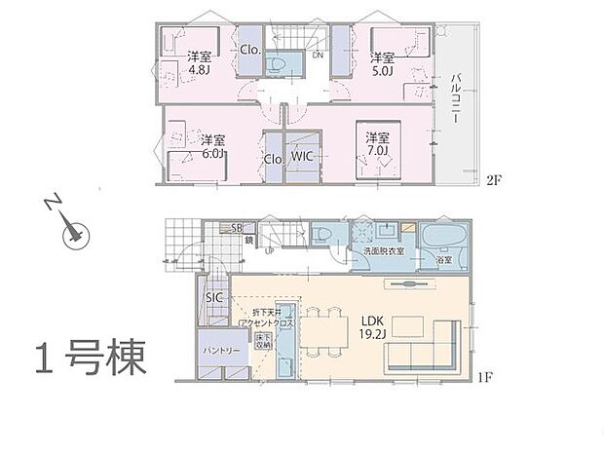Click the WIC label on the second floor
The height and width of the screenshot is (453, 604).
pyautogui.click(x=301, y=158)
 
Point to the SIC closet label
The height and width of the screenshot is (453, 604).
pyautogui.click(x=214, y=297)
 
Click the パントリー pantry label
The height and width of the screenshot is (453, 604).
pyautogui.click(x=222, y=345)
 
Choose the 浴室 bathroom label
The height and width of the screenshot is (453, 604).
pyautogui.click(x=445, y=261)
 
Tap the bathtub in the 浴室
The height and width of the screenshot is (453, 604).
pyautogui.click(x=444, y=239)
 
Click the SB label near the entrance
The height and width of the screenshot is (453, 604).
pyautogui.click(x=237, y=228)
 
